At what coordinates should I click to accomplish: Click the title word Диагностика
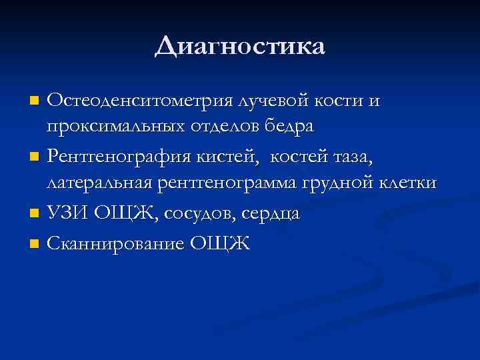pos(240,47)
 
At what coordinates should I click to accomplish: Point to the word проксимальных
pos(119,126)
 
